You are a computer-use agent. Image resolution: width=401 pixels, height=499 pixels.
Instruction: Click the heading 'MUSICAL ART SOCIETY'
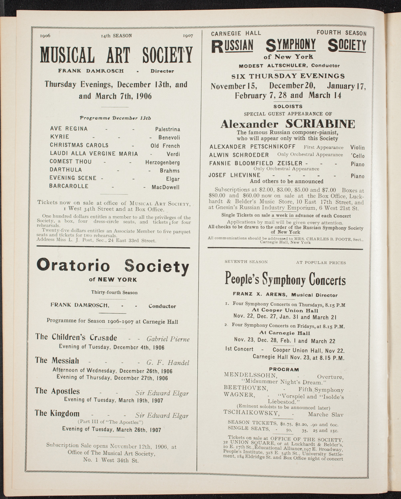pyautogui.click(x=116, y=55)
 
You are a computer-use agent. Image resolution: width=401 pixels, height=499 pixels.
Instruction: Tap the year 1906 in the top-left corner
pyautogui.click(x=45, y=36)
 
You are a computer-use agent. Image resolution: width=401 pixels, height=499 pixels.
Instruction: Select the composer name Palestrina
pyautogui.click(x=168, y=129)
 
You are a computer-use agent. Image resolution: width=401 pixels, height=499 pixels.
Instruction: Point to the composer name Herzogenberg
pyautogui.click(x=162, y=162)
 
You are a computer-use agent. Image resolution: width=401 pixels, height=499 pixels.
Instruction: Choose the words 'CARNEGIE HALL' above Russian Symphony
pyautogui.click(x=236, y=33)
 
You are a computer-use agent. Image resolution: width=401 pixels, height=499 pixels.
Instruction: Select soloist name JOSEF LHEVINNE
pyautogui.click(x=234, y=175)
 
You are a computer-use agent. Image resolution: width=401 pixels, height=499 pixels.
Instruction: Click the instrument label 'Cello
pyautogui.click(x=357, y=155)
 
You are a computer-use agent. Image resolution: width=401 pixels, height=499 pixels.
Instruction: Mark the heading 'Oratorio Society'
pyautogui.click(x=113, y=266)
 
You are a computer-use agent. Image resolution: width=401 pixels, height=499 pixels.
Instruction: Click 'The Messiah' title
pyautogui.click(x=57, y=361)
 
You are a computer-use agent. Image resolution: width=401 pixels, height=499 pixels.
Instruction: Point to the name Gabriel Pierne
pyautogui.click(x=168, y=339)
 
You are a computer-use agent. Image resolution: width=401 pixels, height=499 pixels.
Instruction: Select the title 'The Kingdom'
pyautogui.click(x=57, y=413)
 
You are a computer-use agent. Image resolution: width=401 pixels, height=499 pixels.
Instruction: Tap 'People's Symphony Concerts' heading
pyautogui.click(x=285, y=279)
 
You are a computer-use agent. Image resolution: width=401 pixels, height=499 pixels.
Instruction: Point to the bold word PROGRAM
pyautogui.click(x=284, y=369)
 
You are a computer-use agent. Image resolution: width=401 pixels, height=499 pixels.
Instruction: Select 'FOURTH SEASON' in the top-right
pyautogui.click(x=341, y=33)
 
